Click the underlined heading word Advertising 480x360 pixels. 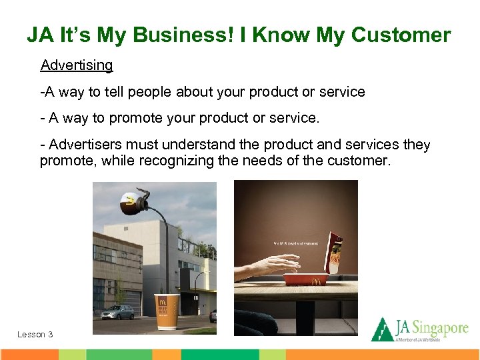click(77, 65)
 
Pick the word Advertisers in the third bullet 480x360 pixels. click(85, 145)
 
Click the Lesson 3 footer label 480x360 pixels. click(35, 335)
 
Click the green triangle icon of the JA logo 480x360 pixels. click(382, 329)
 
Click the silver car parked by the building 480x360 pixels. click(118, 312)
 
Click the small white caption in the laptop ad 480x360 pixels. click(295, 243)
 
